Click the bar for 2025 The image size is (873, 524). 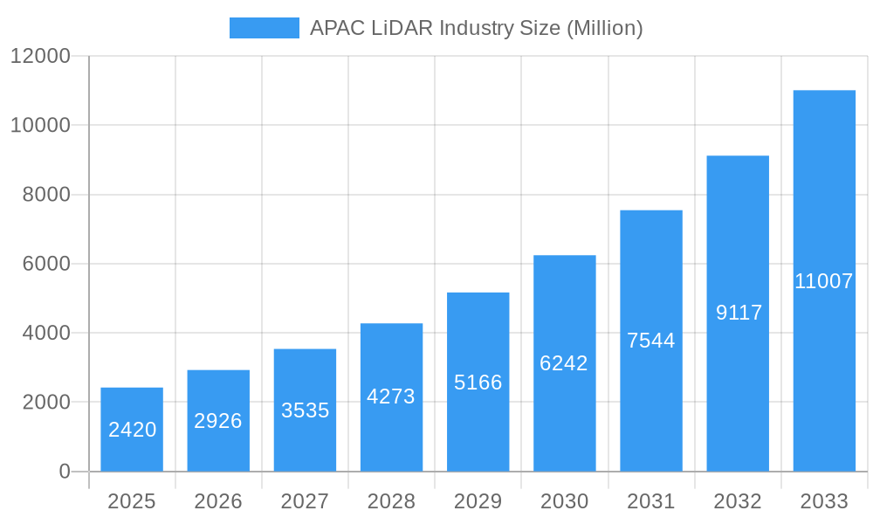pyautogui.click(x=132, y=429)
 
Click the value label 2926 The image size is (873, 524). pyautogui.click(x=218, y=421)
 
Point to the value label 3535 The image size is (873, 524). pyautogui.click(x=305, y=410)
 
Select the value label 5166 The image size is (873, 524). pyautogui.click(x=478, y=383)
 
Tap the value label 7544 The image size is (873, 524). pyautogui.click(x=651, y=341)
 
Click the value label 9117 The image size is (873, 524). pyautogui.click(x=739, y=313)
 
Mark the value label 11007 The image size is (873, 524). pyautogui.click(x=824, y=281)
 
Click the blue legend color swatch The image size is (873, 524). pyautogui.click(x=264, y=28)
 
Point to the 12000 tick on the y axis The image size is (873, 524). pyautogui.click(x=40, y=56)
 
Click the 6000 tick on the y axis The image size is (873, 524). pyautogui.click(x=45, y=264)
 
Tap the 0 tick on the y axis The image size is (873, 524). pyautogui.click(x=65, y=472)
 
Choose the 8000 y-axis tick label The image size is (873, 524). pyautogui.click(x=45, y=195)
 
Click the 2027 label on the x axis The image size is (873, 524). pyautogui.click(x=305, y=501)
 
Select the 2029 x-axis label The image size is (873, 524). pyautogui.click(x=478, y=501)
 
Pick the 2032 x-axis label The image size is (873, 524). pyautogui.click(x=738, y=501)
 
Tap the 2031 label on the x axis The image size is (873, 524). pyautogui.click(x=651, y=501)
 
